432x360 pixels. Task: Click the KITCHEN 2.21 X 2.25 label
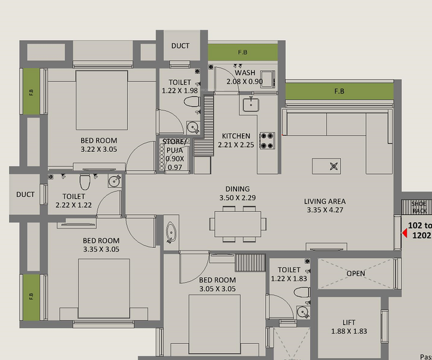coord(236,140)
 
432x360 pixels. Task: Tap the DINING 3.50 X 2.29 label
coord(236,193)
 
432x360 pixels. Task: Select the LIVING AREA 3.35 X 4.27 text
coord(325,206)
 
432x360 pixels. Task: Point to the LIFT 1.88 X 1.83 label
coord(349,326)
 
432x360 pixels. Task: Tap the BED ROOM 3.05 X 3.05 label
coord(217,284)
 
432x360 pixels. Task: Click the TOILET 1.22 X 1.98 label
coord(180,86)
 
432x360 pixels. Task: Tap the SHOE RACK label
coord(419,208)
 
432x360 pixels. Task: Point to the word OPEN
coord(355,274)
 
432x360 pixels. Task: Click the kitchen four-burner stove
coord(266,140)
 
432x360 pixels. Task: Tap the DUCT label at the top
coord(181,46)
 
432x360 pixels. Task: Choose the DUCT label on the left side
coord(25,194)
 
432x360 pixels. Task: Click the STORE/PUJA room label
coord(175,154)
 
